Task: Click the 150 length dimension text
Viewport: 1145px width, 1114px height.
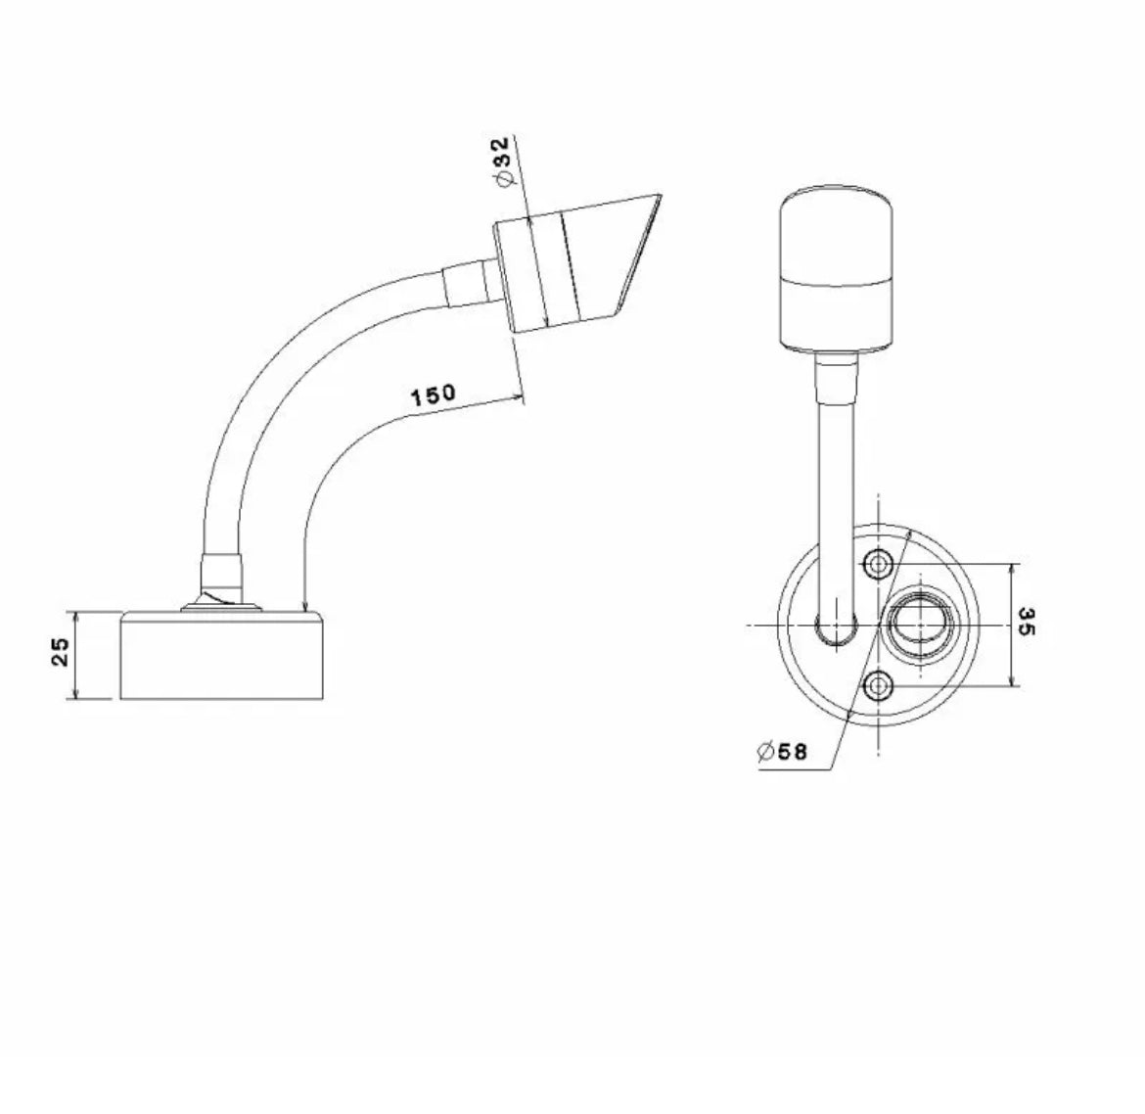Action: pos(433,395)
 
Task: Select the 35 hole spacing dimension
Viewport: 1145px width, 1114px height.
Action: pos(1026,621)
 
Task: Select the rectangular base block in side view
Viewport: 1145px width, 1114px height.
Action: pos(222,655)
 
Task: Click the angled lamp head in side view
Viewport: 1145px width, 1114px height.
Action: pos(576,264)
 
